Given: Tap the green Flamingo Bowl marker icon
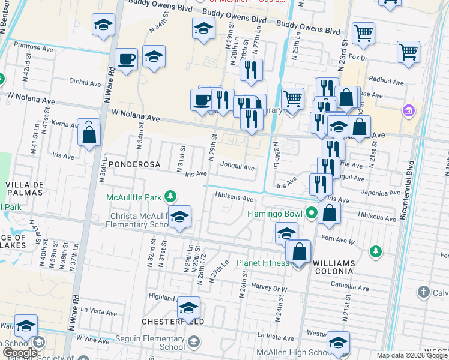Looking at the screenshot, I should [311, 213].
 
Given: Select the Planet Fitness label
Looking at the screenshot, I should [263, 263].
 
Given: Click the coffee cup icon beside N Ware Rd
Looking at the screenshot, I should [126, 59].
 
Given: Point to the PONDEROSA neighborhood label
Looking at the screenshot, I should [132, 164].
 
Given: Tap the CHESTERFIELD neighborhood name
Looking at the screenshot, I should [173, 322].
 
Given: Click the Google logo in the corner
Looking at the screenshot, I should [20, 353].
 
